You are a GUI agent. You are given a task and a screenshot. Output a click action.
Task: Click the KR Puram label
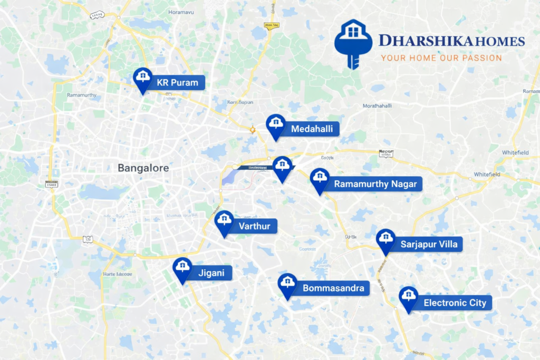[177, 83]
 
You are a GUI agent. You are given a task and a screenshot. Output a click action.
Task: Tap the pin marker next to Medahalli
[275, 125]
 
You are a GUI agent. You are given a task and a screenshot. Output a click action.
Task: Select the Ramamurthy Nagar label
[375, 184]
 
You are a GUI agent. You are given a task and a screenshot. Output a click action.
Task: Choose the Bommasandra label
[333, 288]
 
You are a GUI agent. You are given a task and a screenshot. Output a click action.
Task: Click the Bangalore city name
[143, 168]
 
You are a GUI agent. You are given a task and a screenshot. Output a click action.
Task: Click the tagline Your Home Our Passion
[441, 58]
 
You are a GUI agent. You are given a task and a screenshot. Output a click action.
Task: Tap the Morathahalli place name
[377, 106]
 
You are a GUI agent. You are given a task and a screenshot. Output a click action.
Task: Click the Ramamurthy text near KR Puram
[82, 95]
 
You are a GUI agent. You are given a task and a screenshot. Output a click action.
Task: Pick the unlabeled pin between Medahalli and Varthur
[283, 167]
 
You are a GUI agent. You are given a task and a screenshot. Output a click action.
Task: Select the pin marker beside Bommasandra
[287, 284]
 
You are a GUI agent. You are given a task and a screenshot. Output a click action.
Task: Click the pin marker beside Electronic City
[408, 297]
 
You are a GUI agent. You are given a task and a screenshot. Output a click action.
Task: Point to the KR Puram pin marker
[142, 79]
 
